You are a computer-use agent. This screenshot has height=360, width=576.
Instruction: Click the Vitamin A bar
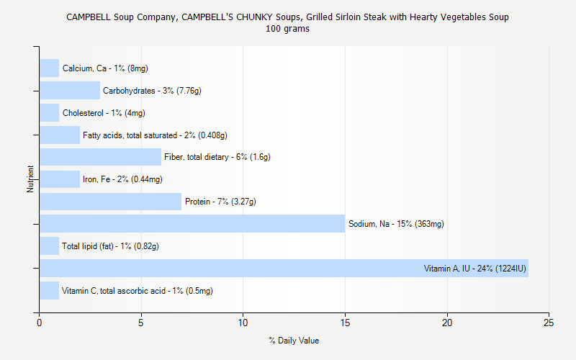tap(284, 269)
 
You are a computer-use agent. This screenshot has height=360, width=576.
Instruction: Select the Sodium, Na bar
tap(192, 224)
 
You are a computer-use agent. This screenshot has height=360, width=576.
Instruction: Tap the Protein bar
tap(110, 202)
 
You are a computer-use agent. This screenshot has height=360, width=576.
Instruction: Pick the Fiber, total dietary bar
tap(100, 157)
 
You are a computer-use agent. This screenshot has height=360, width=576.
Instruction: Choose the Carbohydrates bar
tap(69, 91)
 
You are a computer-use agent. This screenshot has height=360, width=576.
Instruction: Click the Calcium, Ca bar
tap(49, 68)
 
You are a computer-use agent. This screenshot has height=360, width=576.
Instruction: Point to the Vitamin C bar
tap(49, 291)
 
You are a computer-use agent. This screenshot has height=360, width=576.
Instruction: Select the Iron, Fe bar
tap(59, 179)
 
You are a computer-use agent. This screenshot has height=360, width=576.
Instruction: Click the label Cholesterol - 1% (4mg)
tap(104, 113)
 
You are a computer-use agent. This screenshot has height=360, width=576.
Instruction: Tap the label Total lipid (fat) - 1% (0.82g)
tap(110, 246)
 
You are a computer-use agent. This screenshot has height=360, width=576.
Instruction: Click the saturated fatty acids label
tap(155, 135)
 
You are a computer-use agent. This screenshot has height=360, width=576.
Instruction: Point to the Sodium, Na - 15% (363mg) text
tap(396, 224)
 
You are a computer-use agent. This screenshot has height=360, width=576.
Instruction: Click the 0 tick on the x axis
tap(39, 323)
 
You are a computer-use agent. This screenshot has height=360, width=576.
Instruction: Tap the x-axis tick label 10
tap(243, 323)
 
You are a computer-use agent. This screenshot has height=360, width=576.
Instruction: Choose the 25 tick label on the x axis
tap(549, 323)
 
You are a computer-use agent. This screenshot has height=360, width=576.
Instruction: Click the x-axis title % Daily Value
tap(294, 341)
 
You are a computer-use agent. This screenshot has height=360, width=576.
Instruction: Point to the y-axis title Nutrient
tap(30, 179)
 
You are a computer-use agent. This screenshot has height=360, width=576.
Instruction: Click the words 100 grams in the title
tap(288, 29)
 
